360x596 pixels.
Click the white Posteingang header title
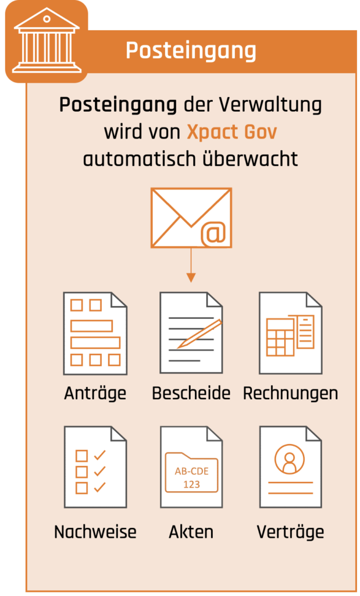click(191, 51)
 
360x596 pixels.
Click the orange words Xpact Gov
click(231, 132)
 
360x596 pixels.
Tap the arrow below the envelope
click(191, 265)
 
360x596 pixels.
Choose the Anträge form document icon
click(95, 333)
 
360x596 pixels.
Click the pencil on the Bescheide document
click(199, 334)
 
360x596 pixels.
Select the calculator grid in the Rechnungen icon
click(280, 337)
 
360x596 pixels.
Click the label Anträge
click(95, 393)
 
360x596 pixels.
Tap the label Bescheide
click(191, 393)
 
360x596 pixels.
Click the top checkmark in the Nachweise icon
click(100, 455)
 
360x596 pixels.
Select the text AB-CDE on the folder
click(192, 471)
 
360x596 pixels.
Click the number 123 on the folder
click(192, 485)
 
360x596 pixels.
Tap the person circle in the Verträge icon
click(290, 459)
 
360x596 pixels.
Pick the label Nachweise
click(95, 532)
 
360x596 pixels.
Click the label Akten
click(191, 532)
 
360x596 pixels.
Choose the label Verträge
click(291, 532)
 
